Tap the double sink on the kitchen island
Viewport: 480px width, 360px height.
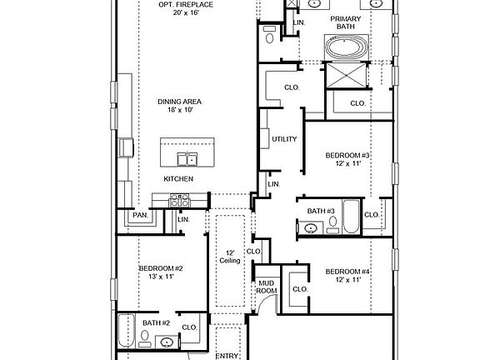pyautogui.click(x=187, y=159)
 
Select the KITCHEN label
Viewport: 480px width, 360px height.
pyautogui.click(x=178, y=179)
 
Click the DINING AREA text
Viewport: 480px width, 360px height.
pyautogui.click(x=180, y=102)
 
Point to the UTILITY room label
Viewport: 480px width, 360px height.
pyautogui.click(x=284, y=138)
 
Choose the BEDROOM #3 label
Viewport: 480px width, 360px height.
pyautogui.click(x=347, y=156)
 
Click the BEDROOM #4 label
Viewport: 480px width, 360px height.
pyautogui.click(x=347, y=272)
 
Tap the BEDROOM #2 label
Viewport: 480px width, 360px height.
pyautogui.click(x=160, y=268)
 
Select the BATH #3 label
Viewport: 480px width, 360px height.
pyautogui.click(x=321, y=211)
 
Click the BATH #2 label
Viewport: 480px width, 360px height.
pyautogui.click(x=156, y=322)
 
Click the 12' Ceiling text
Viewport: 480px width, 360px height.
pyautogui.click(x=230, y=257)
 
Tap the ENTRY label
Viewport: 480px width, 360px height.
pyautogui.click(x=227, y=356)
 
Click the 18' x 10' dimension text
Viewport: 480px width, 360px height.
pyautogui.click(x=180, y=111)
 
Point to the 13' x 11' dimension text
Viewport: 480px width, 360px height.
pyautogui.click(x=160, y=277)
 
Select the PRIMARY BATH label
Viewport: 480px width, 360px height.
pyautogui.click(x=345, y=23)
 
